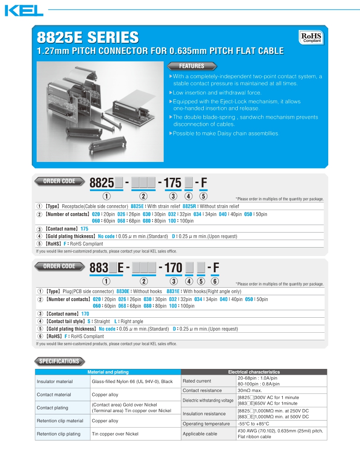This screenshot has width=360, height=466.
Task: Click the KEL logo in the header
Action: [24, 11]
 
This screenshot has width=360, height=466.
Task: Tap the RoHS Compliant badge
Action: [311, 37]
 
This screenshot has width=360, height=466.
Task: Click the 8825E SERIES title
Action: [87, 37]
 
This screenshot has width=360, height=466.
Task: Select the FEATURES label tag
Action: [191, 66]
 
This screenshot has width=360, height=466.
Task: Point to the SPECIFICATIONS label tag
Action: [59, 361]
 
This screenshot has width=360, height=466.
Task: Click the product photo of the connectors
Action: [100, 111]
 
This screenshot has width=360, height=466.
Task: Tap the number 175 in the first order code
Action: [172, 183]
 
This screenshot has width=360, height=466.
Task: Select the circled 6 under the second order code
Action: [215, 282]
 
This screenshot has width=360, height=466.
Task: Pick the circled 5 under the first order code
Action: [203, 196]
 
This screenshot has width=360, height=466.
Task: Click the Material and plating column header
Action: [108, 372]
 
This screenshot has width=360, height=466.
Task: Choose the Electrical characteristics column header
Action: [254, 372]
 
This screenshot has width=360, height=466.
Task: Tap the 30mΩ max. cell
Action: [250, 391]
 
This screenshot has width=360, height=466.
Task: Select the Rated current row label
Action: [197, 381]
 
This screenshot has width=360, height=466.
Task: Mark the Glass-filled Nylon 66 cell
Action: [132, 381]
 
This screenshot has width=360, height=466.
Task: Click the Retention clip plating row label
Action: [59, 434]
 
